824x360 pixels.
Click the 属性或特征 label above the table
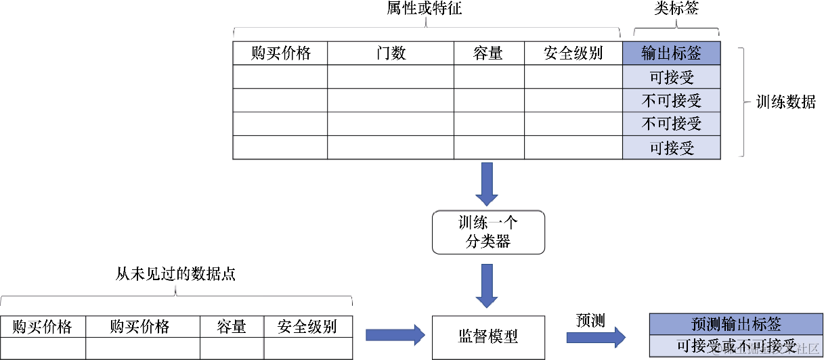tap(427, 9)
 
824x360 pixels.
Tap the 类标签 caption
tap(676, 9)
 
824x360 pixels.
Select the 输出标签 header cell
tap(672, 53)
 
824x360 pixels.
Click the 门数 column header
tap(391, 53)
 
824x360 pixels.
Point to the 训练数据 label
tap(785, 102)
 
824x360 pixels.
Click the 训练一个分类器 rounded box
tap(488, 232)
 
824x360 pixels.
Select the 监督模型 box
tap(488, 337)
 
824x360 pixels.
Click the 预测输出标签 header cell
tap(735, 324)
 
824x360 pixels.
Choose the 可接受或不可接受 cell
tap(735, 346)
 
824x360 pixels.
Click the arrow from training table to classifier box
tap(487, 183)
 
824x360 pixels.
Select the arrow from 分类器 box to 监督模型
tap(487, 285)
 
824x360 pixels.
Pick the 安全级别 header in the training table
tap(573, 53)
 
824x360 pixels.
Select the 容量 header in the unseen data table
tap(232, 327)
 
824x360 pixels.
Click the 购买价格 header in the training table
tap(280, 53)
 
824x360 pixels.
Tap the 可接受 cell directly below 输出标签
tap(672, 77)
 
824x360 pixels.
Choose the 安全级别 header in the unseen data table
tap(307, 327)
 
